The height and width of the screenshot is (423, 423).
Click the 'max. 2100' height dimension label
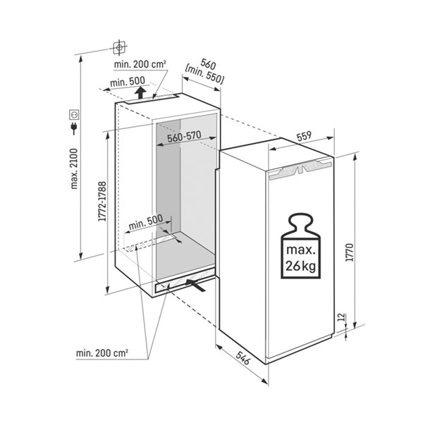pyautogui.click(x=74, y=168)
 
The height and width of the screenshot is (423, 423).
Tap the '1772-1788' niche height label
pyautogui.click(x=102, y=202)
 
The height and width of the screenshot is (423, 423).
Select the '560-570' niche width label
pyautogui.click(x=184, y=137)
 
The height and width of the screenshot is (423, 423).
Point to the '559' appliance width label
pyautogui.click(x=304, y=137)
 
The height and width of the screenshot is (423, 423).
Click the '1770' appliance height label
pyautogui.click(x=350, y=252)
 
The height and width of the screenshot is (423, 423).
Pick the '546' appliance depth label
pyautogui.click(x=243, y=358)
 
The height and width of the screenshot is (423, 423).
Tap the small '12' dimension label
pyautogui.click(x=341, y=317)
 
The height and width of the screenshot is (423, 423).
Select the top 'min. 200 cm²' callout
pyautogui.click(x=140, y=64)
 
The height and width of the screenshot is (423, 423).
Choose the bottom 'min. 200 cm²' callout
pyautogui.click(x=102, y=353)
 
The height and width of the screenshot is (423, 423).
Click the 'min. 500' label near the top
pyautogui.click(x=128, y=82)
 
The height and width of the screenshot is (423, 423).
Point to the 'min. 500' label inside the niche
pyautogui.click(x=146, y=222)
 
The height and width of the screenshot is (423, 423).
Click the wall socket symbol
pyautogui.click(x=74, y=115)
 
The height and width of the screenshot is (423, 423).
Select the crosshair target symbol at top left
pyautogui.click(x=120, y=48)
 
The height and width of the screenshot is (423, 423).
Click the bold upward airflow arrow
pyautogui.click(x=140, y=92)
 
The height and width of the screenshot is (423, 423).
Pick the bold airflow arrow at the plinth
pyautogui.click(x=196, y=285)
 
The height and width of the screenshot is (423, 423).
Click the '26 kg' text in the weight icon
pyautogui.click(x=301, y=266)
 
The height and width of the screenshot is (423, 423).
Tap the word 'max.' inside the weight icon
pyautogui.click(x=301, y=250)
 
